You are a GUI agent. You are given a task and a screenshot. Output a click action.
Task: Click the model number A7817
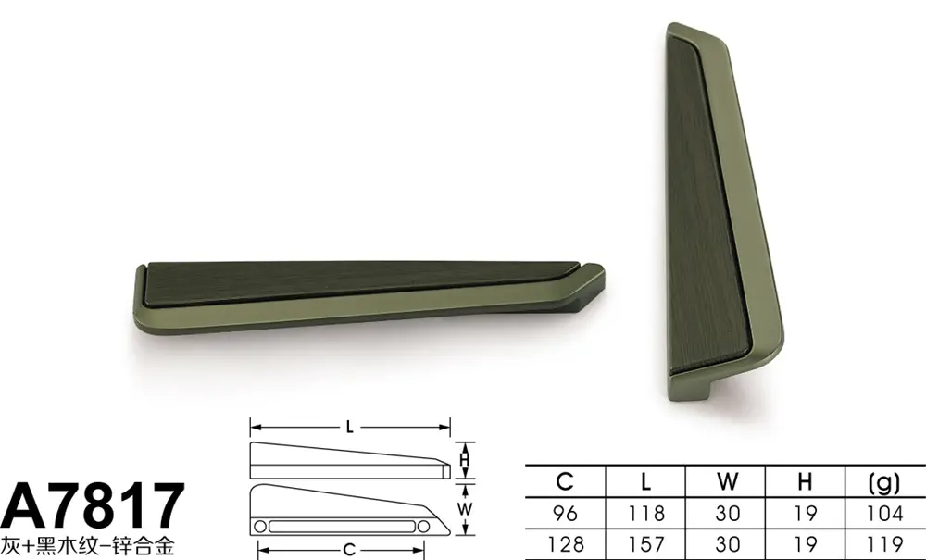click(93, 505)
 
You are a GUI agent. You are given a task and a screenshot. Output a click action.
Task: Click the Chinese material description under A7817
click(87, 545)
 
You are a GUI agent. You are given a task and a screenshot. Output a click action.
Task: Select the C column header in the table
click(565, 481)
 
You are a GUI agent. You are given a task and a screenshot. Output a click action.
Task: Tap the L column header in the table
click(645, 481)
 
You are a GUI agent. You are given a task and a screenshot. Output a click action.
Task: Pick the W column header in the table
click(727, 481)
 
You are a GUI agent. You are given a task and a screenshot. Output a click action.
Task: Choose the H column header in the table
click(805, 481)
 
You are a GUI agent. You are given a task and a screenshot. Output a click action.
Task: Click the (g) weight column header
click(884, 482)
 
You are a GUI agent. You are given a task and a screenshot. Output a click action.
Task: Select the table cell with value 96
click(565, 513)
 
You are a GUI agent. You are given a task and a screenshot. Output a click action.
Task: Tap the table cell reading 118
click(645, 513)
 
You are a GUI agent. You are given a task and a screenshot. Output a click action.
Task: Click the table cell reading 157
click(645, 543)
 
